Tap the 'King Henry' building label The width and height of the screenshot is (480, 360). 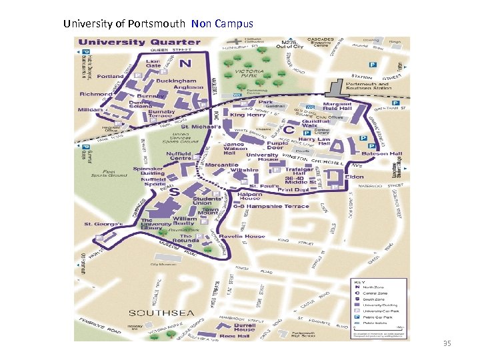pyautogui.click(x=247, y=115)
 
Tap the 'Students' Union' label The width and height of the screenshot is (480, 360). pyautogui.click(x=207, y=201)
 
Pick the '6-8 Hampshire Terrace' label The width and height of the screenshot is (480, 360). pyautogui.click(x=274, y=206)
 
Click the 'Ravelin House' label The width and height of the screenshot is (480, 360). pyautogui.click(x=246, y=236)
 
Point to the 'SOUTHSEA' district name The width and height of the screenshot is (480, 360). pyautogui.click(x=152, y=313)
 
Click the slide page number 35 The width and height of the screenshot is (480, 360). pyautogui.click(x=447, y=344)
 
